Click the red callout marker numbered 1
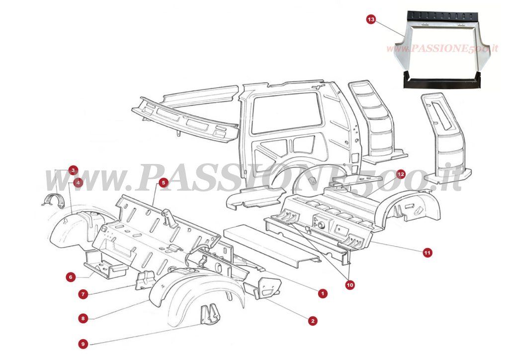pos(323,293)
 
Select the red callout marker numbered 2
pos(312,321)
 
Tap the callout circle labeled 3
pos(74,170)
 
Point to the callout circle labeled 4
pos(78,182)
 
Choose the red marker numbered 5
pos(163,183)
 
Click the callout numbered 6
pos(71,277)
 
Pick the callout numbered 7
pos(84,294)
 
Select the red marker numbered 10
pos(350,285)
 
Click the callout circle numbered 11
pos(427,253)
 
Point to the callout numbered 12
pos(401,174)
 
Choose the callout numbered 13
pos(371,19)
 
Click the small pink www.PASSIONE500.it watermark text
pos(442,49)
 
